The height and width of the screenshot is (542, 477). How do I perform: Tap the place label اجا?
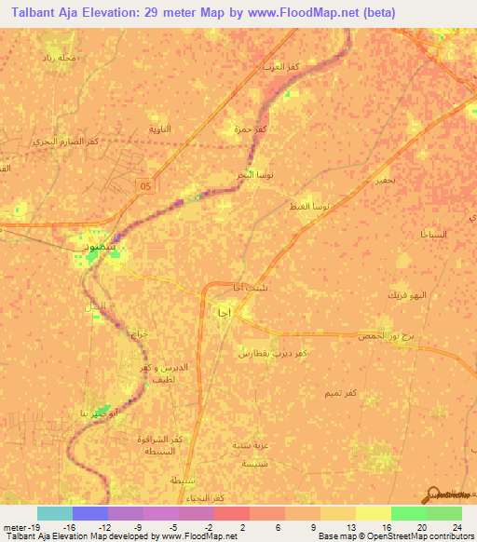pos(224,313)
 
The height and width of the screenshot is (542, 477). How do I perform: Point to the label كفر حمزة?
pos(251,129)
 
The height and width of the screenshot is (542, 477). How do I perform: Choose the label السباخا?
pos(434,233)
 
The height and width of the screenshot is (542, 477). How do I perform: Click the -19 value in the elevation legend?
pos(18,527)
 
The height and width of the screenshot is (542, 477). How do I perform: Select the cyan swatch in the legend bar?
pos(55,513)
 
